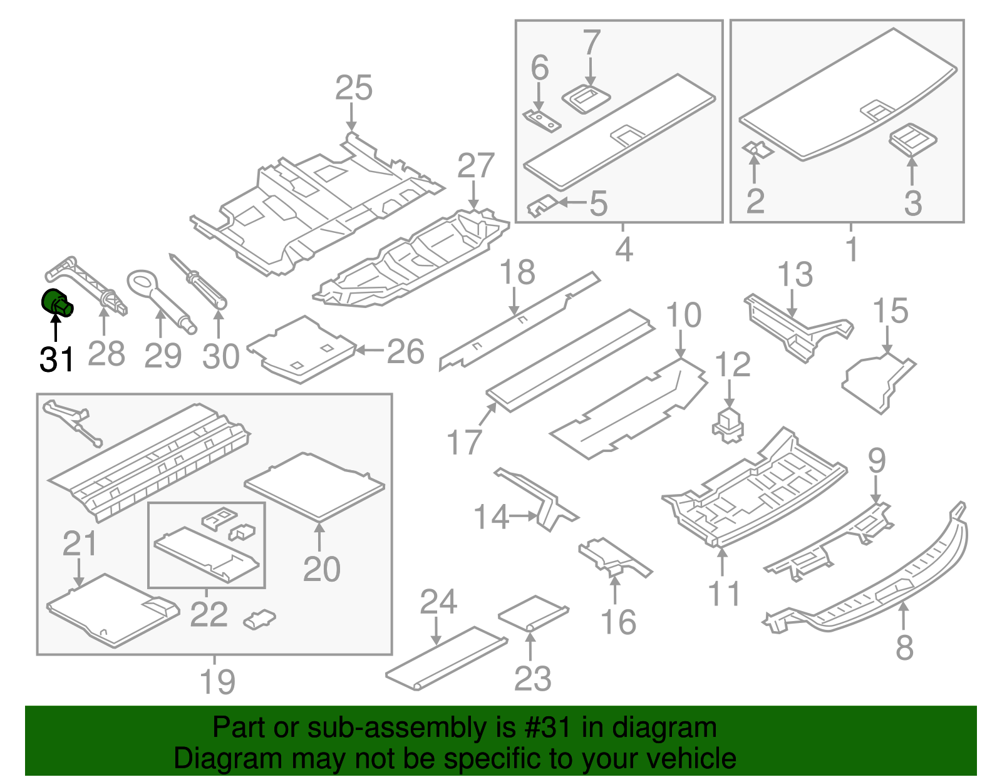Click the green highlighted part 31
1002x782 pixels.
click(x=56, y=303)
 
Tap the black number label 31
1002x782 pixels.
click(x=57, y=359)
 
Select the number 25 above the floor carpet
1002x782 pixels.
click(x=354, y=88)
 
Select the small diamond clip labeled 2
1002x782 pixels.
click(x=757, y=149)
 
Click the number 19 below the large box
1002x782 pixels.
click(x=217, y=682)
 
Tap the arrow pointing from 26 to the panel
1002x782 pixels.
click(x=370, y=351)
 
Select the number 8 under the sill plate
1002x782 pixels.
click(x=904, y=647)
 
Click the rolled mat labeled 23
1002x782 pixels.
click(x=533, y=614)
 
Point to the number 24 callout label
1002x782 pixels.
click(x=438, y=602)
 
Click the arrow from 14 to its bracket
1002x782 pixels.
click(x=524, y=517)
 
